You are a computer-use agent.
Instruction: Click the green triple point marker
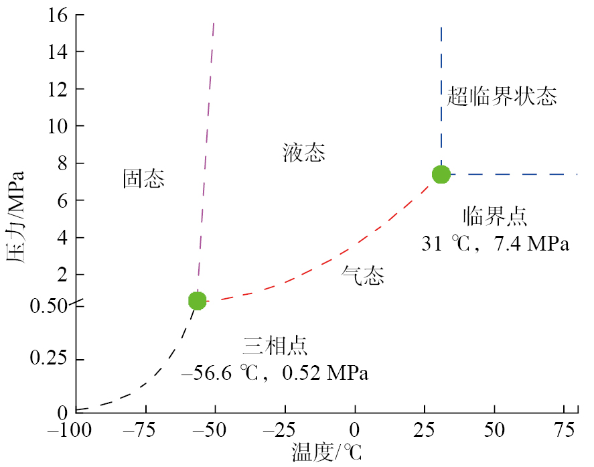(x=197, y=301)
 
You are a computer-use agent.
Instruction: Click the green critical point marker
(x=441, y=174)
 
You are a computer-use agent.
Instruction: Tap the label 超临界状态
(x=502, y=97)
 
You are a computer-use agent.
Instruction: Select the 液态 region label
(x=303, y=153)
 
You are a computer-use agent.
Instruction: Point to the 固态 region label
(x=143, y=178)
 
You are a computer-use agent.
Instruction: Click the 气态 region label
(x=363, y=275)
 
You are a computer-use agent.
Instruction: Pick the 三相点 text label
(x=275, y=346)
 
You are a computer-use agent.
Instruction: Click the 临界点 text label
(x=495, y=216)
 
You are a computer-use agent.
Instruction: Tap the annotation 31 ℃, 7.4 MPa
(x=495, y=244)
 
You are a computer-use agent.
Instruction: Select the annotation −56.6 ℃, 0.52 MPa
(x=275, y=373)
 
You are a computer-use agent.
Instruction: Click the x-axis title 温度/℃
(x=326, y=452)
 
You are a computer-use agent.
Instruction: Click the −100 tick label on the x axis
(x=75, y=429)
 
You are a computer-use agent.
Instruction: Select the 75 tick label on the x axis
(x=563, y=429)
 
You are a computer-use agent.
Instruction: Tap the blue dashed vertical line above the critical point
(x=441, y=94)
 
